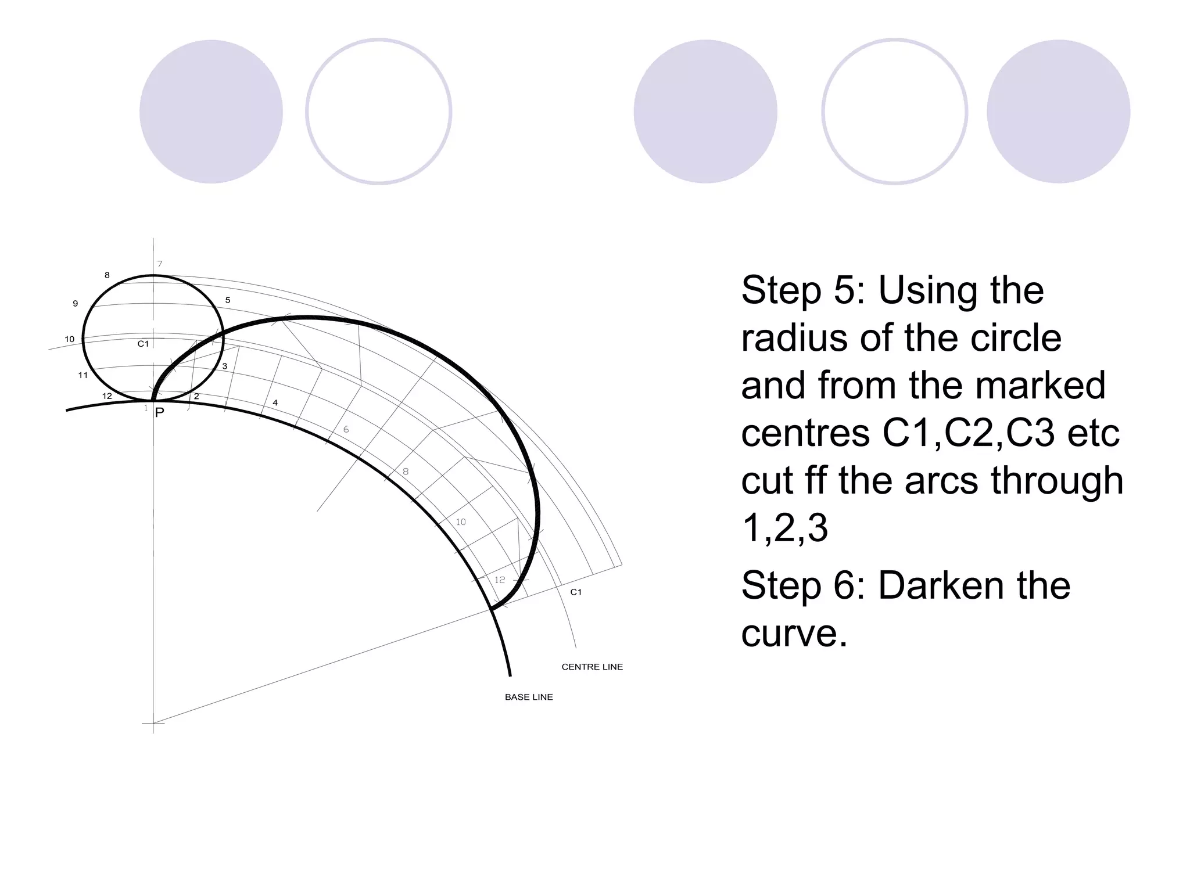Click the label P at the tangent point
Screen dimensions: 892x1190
tap(160, 412)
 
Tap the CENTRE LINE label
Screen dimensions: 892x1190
tap(592, 667)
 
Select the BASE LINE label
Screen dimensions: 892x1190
tap(528, 697)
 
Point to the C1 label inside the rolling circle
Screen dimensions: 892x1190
tap(143, 344)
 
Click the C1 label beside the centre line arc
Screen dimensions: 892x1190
tap(575, 592)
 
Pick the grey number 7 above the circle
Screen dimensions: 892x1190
tap(160, 264)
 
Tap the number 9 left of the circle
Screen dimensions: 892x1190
tap(75, 303)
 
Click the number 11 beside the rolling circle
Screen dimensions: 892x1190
tap(83, 375)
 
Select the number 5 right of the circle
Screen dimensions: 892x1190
tap(228, 300)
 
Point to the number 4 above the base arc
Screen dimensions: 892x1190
tap(275, 402)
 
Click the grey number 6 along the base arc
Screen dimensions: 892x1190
tap(346, 430)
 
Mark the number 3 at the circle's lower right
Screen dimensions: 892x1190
tap(225, 366)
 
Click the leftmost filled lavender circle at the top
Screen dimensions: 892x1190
tap(211, 111)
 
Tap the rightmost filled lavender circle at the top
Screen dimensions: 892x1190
tap(1058, 111)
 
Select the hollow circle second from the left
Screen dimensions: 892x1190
tap(378, 111)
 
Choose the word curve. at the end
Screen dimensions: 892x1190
tap(794, 633)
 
